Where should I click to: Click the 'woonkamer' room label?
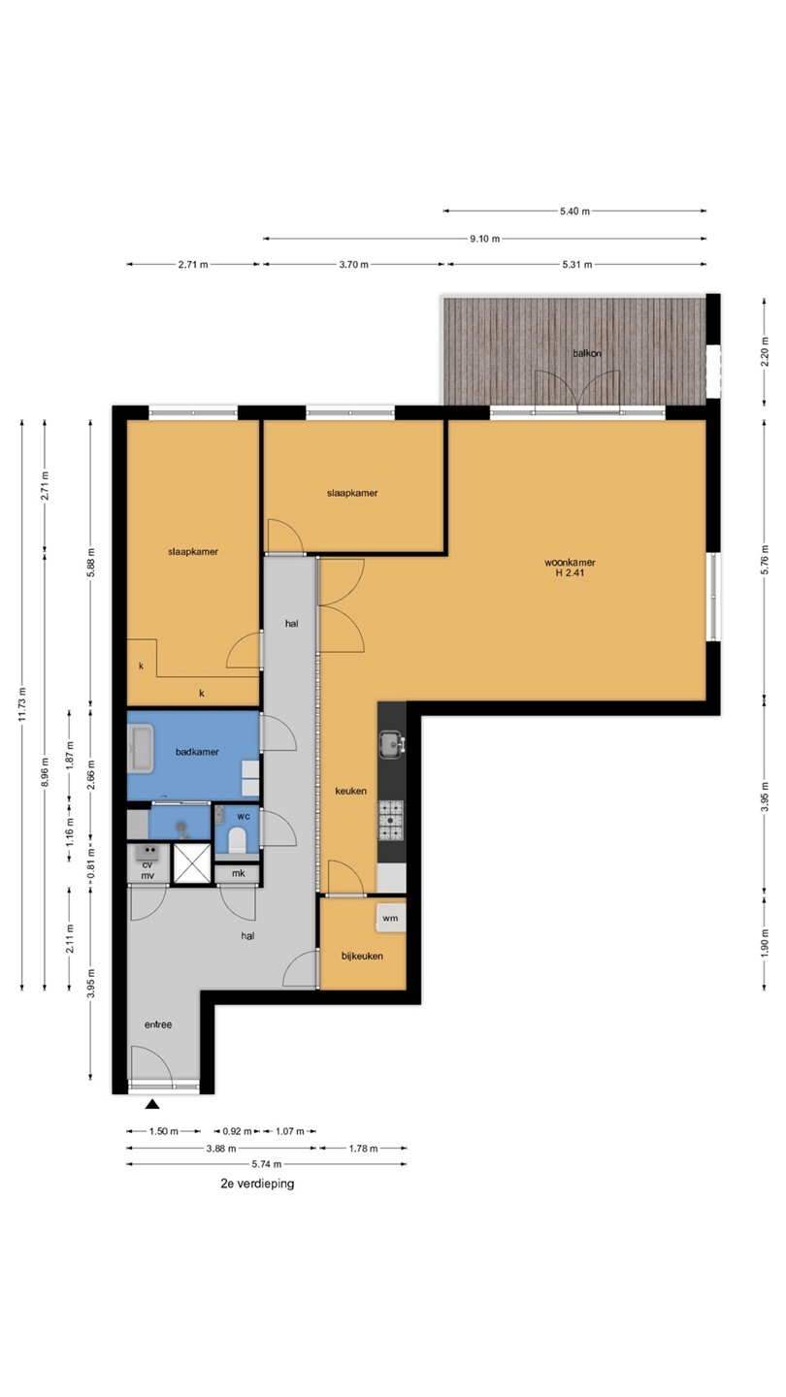click(x=570, y=563)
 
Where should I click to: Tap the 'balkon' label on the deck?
click(x=587, y=353)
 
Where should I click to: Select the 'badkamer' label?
click(x=197, y=752)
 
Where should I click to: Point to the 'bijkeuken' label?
click(x=362, y=957)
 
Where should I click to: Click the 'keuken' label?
click(x=350, y=792)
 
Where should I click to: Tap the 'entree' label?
click(x=158, y=1024)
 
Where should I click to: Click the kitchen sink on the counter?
click(x=392, y=745)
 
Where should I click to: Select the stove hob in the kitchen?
click(x=391, y=821)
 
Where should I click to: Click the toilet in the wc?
click(x=237, y=840)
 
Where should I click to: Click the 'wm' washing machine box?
click(x=390, y=918)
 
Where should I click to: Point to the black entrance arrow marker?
click(x=152, y=1104)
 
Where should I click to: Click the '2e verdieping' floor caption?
click(x=257, y=1184)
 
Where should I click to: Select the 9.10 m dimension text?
click(x=485, y=239)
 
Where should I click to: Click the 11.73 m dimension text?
click(x=22, y=704)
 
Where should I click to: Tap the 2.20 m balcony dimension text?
click(x=765, y=352)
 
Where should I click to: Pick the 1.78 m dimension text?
click(x=363, y=1149)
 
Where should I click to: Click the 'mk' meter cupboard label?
click(x=239, y=874)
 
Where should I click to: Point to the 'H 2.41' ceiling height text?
click(x=570, y=572)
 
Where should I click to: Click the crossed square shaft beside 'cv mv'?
click(x=192, y=863)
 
